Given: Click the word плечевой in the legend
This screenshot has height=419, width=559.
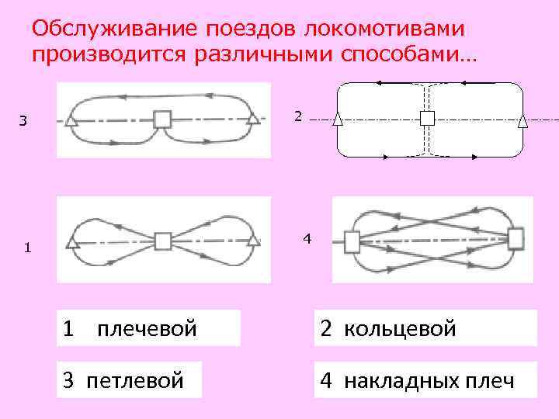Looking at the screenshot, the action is coord(147,329).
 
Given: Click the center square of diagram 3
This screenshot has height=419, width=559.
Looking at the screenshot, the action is coord(161,119).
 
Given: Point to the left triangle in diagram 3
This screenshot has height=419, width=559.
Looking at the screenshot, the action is coord(71,120).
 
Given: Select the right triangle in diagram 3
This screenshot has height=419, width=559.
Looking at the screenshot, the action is coord(252,119).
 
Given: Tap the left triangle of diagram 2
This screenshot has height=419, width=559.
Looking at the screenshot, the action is coord(338,120).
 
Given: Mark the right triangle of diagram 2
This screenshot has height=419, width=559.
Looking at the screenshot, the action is coord(523,120).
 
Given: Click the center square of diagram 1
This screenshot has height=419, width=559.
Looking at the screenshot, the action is coord(162,241).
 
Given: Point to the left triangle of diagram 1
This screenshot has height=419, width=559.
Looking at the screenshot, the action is coord(72,242).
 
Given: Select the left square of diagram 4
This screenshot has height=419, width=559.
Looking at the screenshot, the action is coord(352,242).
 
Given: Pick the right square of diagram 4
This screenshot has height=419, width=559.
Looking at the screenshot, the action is coord(515,237).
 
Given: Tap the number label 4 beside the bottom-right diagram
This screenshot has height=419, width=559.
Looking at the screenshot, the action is coord(307,238).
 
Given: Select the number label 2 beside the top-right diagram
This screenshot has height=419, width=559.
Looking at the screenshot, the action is coord(297,116).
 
